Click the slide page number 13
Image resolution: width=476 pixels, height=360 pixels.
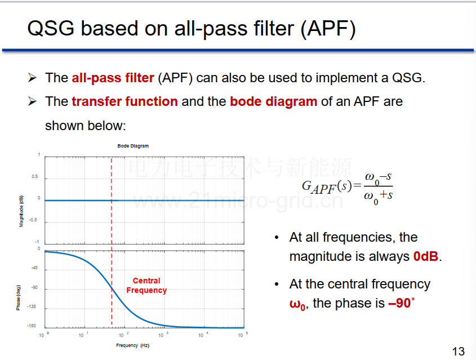coord(459,351)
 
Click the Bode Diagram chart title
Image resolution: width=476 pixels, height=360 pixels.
coord(133,146)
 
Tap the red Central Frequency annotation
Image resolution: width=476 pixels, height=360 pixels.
coord(146,285)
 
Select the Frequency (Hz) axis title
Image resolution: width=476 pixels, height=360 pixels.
coord(133,345)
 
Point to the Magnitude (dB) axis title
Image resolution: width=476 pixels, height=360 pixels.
coord(21,211)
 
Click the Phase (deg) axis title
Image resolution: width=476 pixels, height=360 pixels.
coord(19,298)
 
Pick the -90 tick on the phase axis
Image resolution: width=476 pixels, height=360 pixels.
coord(34,287)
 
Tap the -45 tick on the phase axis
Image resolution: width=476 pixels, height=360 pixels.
coord(34,268)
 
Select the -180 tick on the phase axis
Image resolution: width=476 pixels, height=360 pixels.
coord(32,326)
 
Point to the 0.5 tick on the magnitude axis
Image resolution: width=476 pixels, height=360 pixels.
coord(35,176)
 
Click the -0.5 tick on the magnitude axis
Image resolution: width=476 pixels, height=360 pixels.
coord(33,220)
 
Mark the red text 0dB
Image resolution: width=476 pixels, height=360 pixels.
coord(426,256)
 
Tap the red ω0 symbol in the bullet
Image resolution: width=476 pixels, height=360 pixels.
coord(297,304)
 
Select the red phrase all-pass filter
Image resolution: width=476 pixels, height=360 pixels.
coord(113,78)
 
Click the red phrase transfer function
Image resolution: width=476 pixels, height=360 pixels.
coord(124,101)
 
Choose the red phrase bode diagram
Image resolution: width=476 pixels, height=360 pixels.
coord(274,101)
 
